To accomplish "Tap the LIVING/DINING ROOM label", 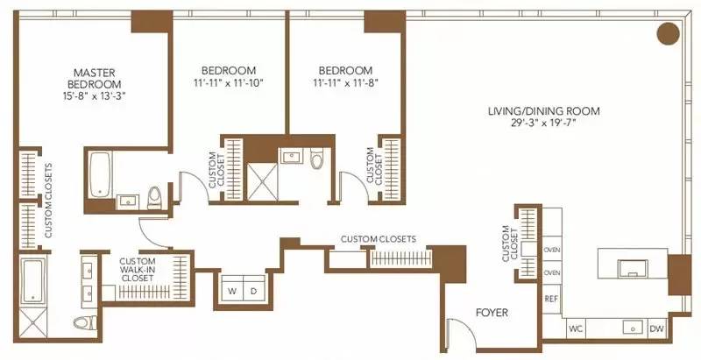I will pos(536,111).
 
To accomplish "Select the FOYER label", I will pos(492,313).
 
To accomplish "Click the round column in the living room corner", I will pos(669,34).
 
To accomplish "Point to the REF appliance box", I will pos(551,298).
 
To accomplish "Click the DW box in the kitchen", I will pos(657,329).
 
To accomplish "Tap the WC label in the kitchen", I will pos(576,329).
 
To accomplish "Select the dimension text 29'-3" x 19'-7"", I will pos(536,124).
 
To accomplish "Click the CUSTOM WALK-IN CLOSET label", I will pos(138,269).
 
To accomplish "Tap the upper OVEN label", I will pos(551,250).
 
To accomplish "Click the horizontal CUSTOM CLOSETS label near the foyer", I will pos(378,239).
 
